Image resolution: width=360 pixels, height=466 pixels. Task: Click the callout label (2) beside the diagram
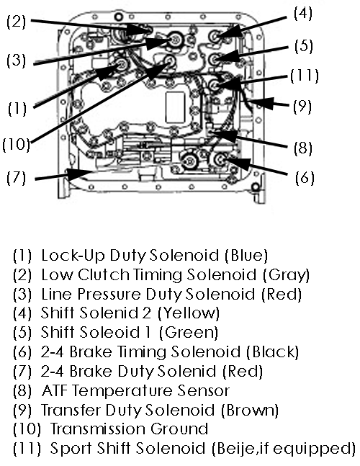[17, 22]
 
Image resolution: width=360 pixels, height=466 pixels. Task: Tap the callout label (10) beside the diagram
[17, 144]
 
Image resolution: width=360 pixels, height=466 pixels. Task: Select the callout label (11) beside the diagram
[304, 76]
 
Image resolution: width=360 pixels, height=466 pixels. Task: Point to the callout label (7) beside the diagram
[17, 177]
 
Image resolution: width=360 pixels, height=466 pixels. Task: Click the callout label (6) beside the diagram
[305, 177]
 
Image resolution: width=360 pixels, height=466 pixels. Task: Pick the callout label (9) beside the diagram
[302, 106]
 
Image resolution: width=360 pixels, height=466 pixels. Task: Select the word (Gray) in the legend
[286, 275]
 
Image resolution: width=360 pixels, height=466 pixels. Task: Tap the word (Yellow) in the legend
[189, 313]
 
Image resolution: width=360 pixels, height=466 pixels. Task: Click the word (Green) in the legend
[189, 333]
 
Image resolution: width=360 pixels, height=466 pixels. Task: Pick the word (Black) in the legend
[272, 352]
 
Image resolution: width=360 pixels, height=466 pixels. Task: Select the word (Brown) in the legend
[250, 410]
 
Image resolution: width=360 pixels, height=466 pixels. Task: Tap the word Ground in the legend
[179, 429]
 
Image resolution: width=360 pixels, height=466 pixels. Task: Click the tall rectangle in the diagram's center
[175, 107]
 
